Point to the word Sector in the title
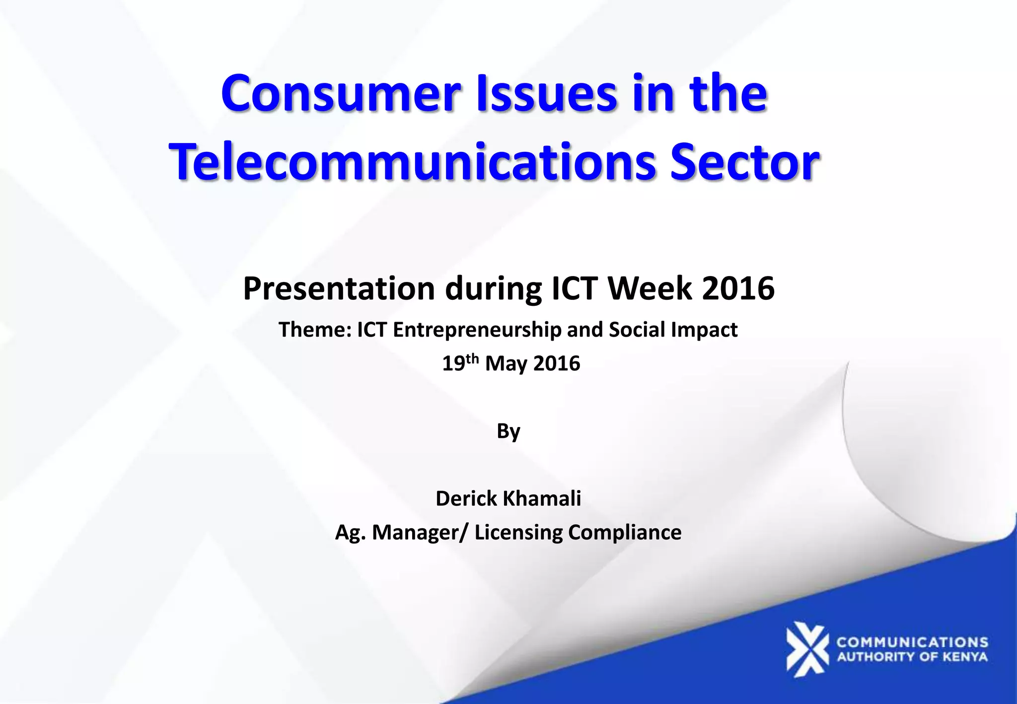point(744,162)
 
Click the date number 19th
point(460,363)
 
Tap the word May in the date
point(506,364)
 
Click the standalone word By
point(508,431)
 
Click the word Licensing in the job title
point(518,533)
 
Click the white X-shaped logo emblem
point(807,649)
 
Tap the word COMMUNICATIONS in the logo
point(912,642)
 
